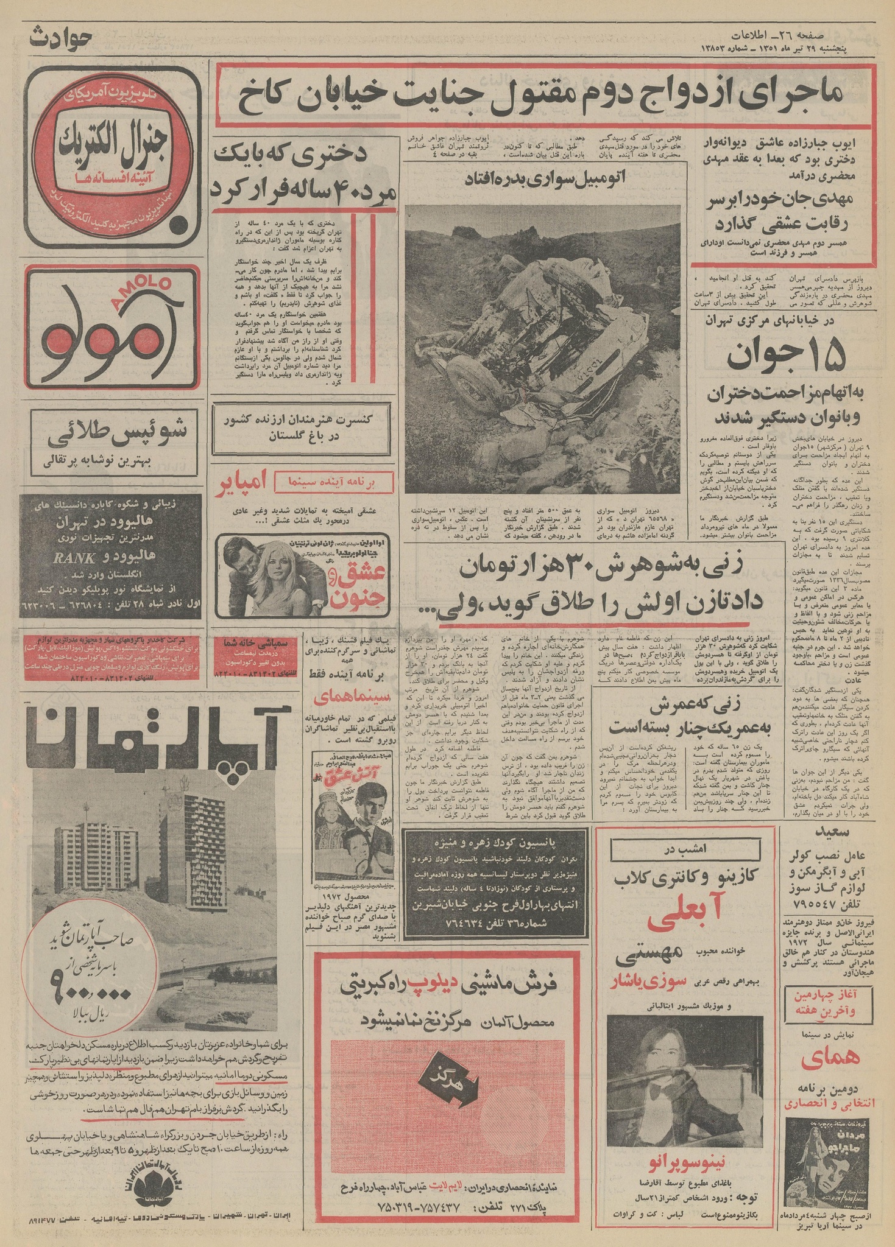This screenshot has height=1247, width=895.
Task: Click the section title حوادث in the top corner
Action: pos(57,35)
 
